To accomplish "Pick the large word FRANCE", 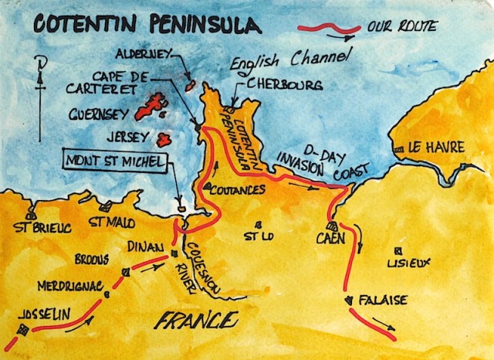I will point(198,319).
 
